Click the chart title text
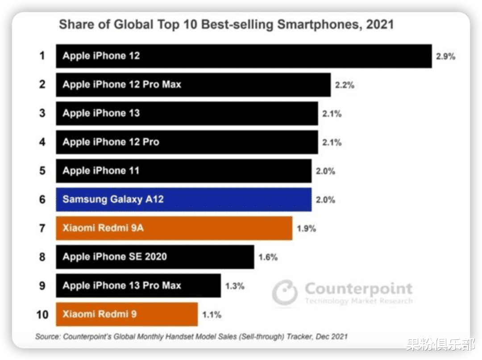tap(226, 24)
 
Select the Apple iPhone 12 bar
tap(244, 56)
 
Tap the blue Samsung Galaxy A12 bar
tap(183, 199)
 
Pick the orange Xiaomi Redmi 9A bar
tap(174, 228)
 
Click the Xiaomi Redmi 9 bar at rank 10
tap(127, 314)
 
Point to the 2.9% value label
tap(445, 57)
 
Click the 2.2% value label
tap(345, 85)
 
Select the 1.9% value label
tap(306, 228)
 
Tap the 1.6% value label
tap(268, 257)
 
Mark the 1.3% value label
tap(234, 286)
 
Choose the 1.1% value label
tap(212, 314)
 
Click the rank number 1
tap(42, 56)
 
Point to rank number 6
tap(42, 199)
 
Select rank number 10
tap(42, 314)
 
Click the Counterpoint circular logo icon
tap(285, 293)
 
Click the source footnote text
tap(191, 336)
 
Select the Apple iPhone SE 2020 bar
tap(155, 257)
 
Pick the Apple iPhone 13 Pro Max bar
tap(138, 286)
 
